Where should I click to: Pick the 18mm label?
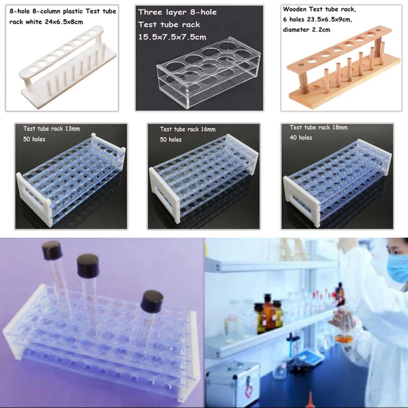(338, 127)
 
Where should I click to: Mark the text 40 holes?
(301, 138)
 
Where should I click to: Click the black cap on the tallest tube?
(52, 249)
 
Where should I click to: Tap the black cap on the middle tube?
(89, 263)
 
